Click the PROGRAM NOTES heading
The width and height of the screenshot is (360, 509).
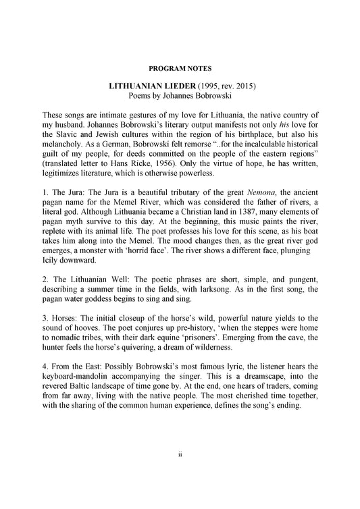(180, 69)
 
